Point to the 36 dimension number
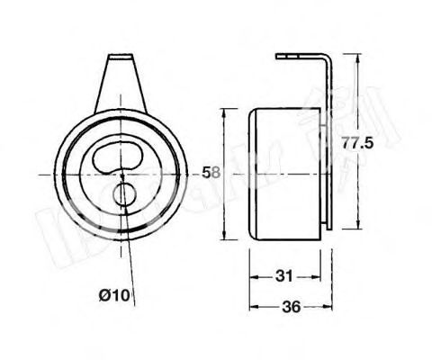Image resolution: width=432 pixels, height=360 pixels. coord(289,307)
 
